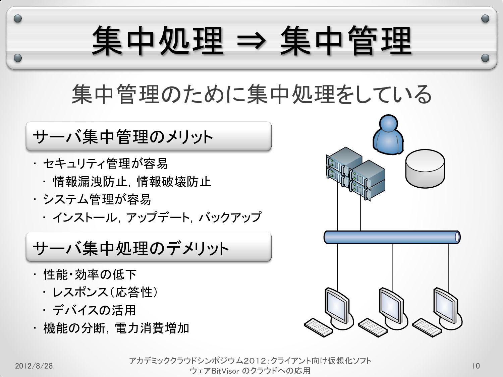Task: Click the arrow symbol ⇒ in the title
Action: [x=251, y=42]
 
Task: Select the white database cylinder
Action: [x=425, y=168]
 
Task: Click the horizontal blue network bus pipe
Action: [x=392, y=237]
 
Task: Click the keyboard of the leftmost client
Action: [x=319, y=327]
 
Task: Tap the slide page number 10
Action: [x=476, y=366]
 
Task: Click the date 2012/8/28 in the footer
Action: [x=34, y=366]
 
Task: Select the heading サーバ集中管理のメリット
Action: [x=123, y=137]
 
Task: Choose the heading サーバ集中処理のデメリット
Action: [x=131, y=248]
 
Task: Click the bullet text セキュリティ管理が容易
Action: [x=105, y=164]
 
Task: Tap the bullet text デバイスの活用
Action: [x=94, y=310]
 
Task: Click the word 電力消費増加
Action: [x=152, y=328]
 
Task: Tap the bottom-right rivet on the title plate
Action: [x=485, y=58]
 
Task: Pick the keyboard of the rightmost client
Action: [x=427, y=327]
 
